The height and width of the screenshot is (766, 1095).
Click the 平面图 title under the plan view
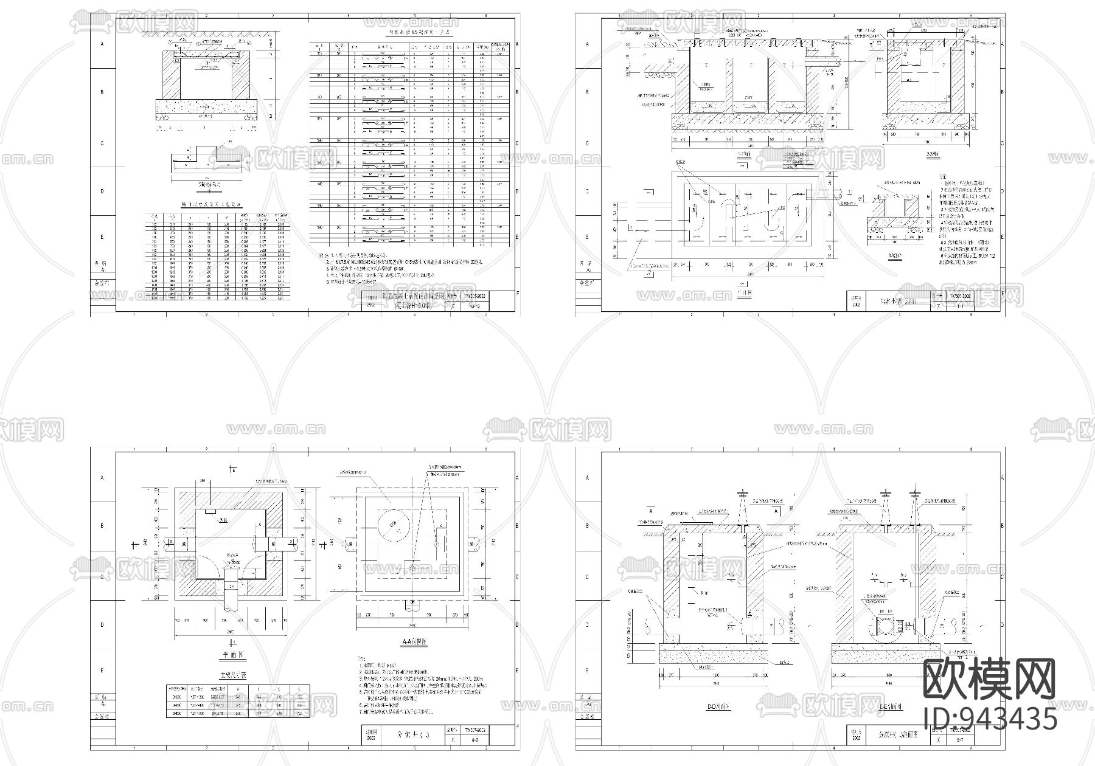pyautogui.click(x=234, y=656)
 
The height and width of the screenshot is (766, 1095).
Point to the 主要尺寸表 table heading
pyautogui.click(x=234, y=675)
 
